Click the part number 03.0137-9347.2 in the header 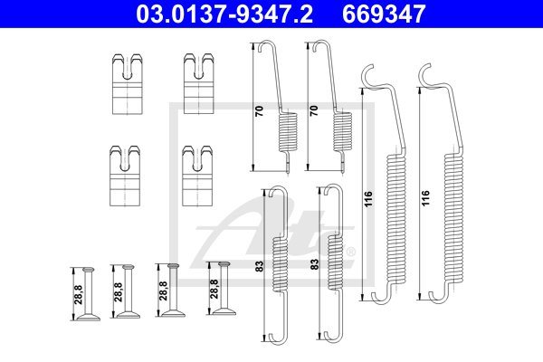tap(224, 14)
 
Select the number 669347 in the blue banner tap(384, 14)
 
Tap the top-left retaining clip tap(127, 84)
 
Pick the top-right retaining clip tap(198, 83)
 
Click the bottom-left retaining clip tap(125, 176)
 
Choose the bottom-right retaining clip tap(197, 176)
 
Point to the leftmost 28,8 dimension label tap(79, 294)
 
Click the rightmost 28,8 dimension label tap(214, 289)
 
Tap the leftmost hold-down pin tap(89, 294)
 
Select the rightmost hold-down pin tap(224, 288)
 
